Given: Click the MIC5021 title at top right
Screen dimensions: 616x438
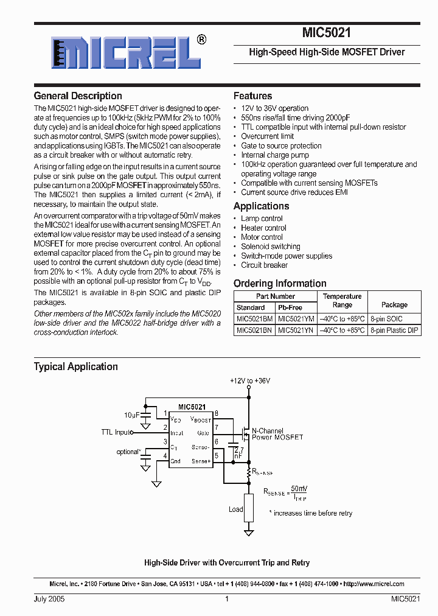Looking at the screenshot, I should [326, 34].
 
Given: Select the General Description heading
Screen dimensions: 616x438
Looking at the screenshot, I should [78, 96].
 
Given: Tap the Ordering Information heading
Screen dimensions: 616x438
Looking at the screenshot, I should [280, 283].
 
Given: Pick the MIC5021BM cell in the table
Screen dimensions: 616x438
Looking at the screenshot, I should [255, 318].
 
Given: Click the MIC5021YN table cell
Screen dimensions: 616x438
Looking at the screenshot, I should [296, 330].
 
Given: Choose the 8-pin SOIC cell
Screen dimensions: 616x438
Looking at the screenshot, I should [394, 318].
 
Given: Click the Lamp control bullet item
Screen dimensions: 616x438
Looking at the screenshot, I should [262, 219].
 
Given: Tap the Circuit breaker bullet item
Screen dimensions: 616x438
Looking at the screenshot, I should [264, 265].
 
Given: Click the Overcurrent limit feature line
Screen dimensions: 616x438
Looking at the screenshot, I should [267, 136].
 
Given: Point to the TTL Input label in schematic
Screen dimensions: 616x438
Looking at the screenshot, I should [116, 432].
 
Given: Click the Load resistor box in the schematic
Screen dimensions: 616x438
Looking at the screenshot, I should [249, 507].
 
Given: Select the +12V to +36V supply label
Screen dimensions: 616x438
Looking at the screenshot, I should [250, 380].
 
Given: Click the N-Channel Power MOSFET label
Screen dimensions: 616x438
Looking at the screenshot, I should [277, 434].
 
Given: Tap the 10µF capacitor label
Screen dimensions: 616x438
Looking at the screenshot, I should [131, 415].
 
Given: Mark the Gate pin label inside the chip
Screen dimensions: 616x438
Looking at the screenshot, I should [203, 433].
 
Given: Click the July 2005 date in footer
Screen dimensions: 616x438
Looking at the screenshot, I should [49, 599].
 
